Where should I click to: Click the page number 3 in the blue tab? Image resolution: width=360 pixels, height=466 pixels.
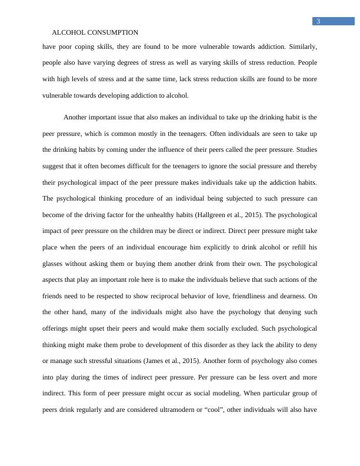pos(318,22)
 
